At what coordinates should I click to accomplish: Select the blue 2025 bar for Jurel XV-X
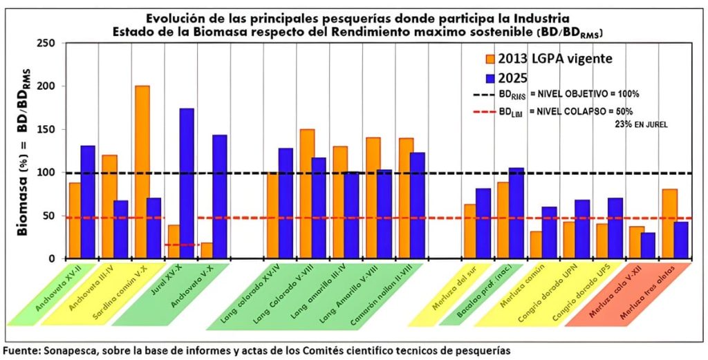(187, 183)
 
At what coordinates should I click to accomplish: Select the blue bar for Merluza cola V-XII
(649, 245)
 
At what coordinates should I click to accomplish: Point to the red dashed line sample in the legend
(492, 111)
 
